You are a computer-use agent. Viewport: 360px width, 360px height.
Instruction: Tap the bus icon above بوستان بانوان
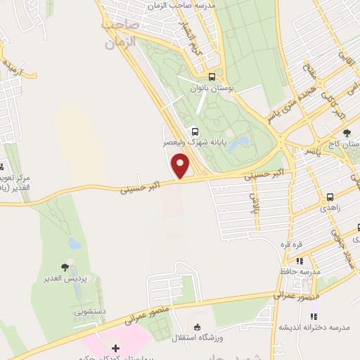click(x=212, y=78)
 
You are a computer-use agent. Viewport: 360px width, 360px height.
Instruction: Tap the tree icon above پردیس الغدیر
click(x=65, y=267)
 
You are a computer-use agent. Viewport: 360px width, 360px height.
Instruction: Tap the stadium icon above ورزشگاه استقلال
click(x=198, y=327)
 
